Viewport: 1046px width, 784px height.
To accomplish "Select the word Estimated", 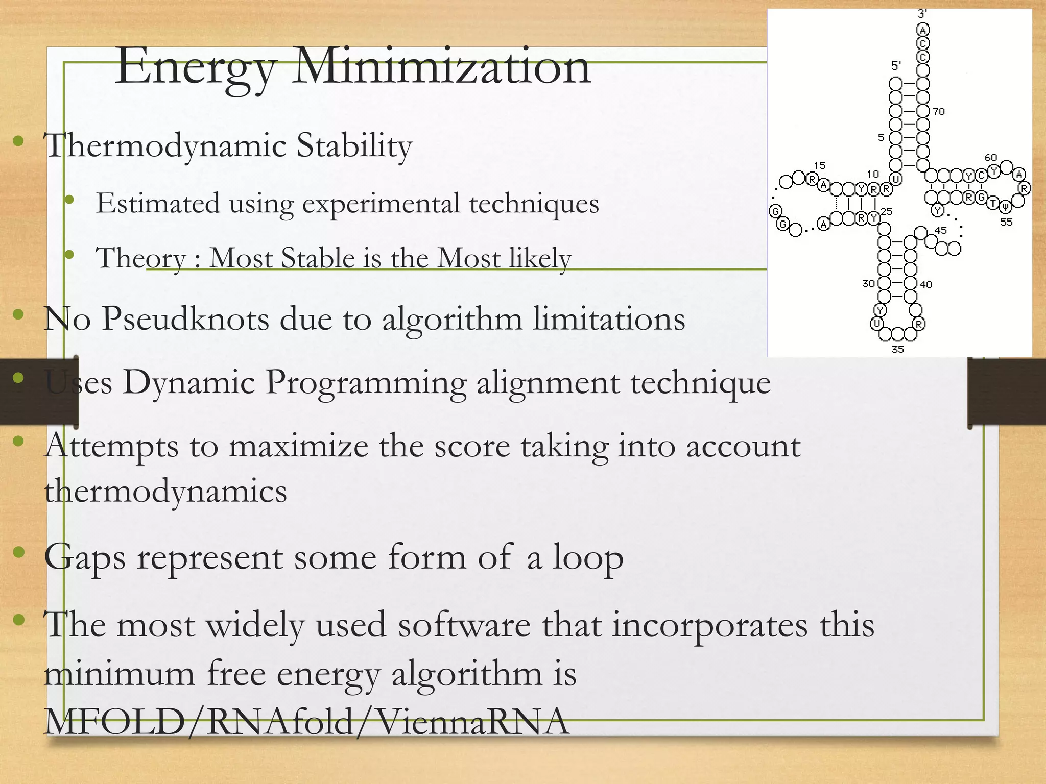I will [157, 203].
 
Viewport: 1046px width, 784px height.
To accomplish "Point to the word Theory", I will [140, 258].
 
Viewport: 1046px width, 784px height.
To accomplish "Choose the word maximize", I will [298, 446].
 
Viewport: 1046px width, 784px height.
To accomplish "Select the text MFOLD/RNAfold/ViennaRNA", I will [306, 722].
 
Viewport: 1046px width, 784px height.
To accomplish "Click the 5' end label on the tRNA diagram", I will [896, 65].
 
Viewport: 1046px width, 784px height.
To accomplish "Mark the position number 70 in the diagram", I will [939, 111].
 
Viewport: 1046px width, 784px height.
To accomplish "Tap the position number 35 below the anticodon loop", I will [897, 349].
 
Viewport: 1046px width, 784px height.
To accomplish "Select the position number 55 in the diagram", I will [1006, 222].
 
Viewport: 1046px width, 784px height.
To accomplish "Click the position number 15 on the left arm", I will [819, 165].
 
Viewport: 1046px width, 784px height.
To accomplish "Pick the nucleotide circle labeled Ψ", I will [1005, 206].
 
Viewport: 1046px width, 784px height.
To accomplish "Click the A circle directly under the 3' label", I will [923, 29].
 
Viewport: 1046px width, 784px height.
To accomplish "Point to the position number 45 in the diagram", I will [940, 230].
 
